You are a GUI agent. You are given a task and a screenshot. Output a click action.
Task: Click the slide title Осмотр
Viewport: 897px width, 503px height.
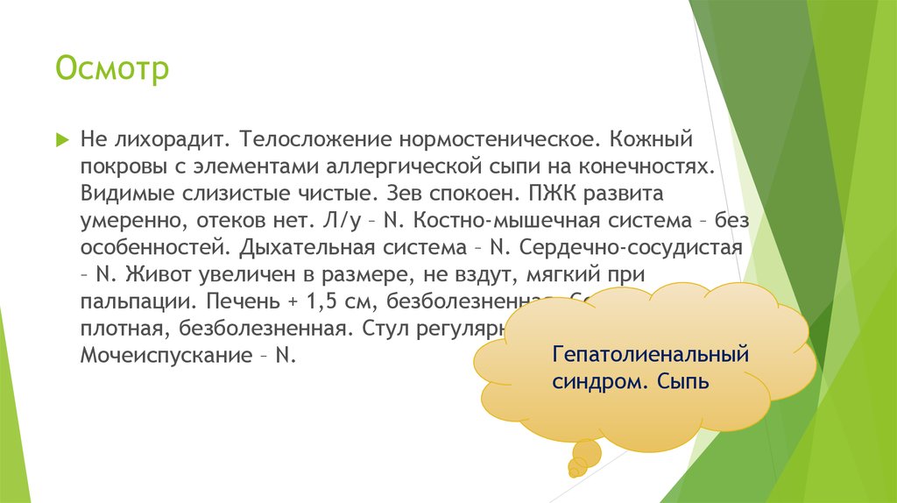click(112, 68)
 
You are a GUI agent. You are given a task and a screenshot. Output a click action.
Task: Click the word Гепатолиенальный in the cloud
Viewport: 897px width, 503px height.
click(650, 357)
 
